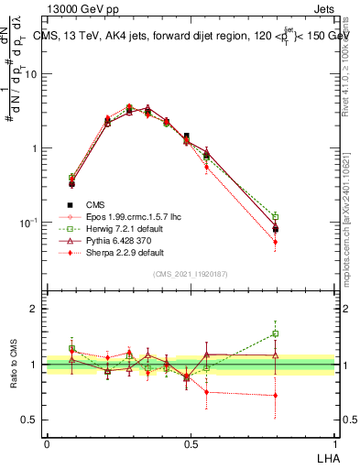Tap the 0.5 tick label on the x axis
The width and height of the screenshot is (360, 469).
pyautogui.click(x=191, y=443)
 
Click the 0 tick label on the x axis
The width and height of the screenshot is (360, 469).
pyautogui.click(x=47, y=443)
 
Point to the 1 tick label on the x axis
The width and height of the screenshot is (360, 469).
pyautogui.click(x=334, y=443)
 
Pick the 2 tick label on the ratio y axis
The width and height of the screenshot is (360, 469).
pyautogui.click(x=35, y=310)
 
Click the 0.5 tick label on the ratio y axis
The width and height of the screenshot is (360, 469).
pyautogui.click(x=30, y=420)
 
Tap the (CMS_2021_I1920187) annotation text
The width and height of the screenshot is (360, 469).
pyautogui.click(x=191, y=275)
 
